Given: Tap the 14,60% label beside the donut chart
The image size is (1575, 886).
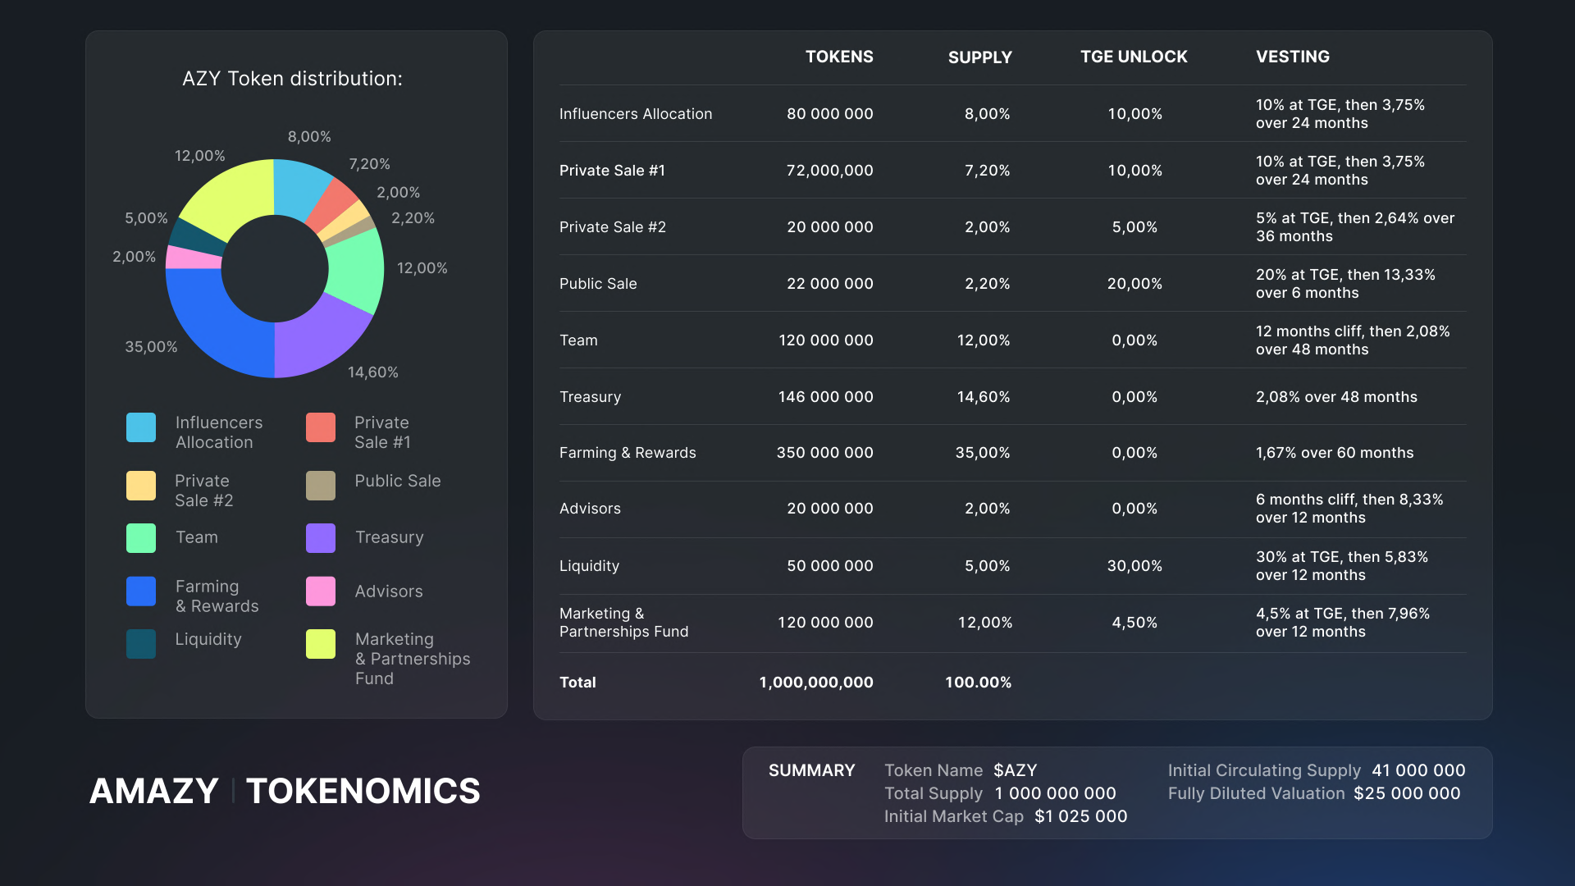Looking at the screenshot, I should click(x=373, y=372).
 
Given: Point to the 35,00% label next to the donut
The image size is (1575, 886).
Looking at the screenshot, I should click(x=151, y=347).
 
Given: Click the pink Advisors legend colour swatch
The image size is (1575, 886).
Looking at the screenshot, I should click(x=321, y=591).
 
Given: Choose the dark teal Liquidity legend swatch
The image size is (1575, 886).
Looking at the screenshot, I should click(x=141, y=644).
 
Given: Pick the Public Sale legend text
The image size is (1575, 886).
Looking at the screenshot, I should click(x=398, y=481).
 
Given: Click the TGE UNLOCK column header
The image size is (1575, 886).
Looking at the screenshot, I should click(x=1134, y=57).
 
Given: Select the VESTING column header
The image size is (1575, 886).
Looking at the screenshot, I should click(x=1293, y=57).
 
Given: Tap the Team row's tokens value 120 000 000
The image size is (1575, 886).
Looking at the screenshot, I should click(x=826, y=340).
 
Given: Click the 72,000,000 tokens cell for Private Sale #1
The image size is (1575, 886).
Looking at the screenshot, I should click(x=829, y=171).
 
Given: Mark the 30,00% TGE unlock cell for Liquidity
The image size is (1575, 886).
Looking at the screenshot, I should click(x=1134, y=566).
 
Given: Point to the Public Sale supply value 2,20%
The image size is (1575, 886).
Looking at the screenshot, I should click(x=987, y=284).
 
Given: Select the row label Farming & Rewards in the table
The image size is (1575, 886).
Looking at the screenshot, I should click(x=628, y=453).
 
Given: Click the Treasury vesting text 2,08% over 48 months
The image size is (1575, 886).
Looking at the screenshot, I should click(x=1336, y=397).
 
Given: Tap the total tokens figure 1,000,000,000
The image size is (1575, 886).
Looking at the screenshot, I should click(x=816, y=683).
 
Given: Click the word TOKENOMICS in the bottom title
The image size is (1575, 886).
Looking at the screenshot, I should click(x=363, y=791).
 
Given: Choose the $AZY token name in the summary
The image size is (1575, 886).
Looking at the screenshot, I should click(x=1016, y=770).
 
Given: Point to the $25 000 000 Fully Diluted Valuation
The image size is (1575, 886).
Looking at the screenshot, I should click(x=1407, y=793).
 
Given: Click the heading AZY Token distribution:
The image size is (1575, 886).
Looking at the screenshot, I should click(x=292, y=79).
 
